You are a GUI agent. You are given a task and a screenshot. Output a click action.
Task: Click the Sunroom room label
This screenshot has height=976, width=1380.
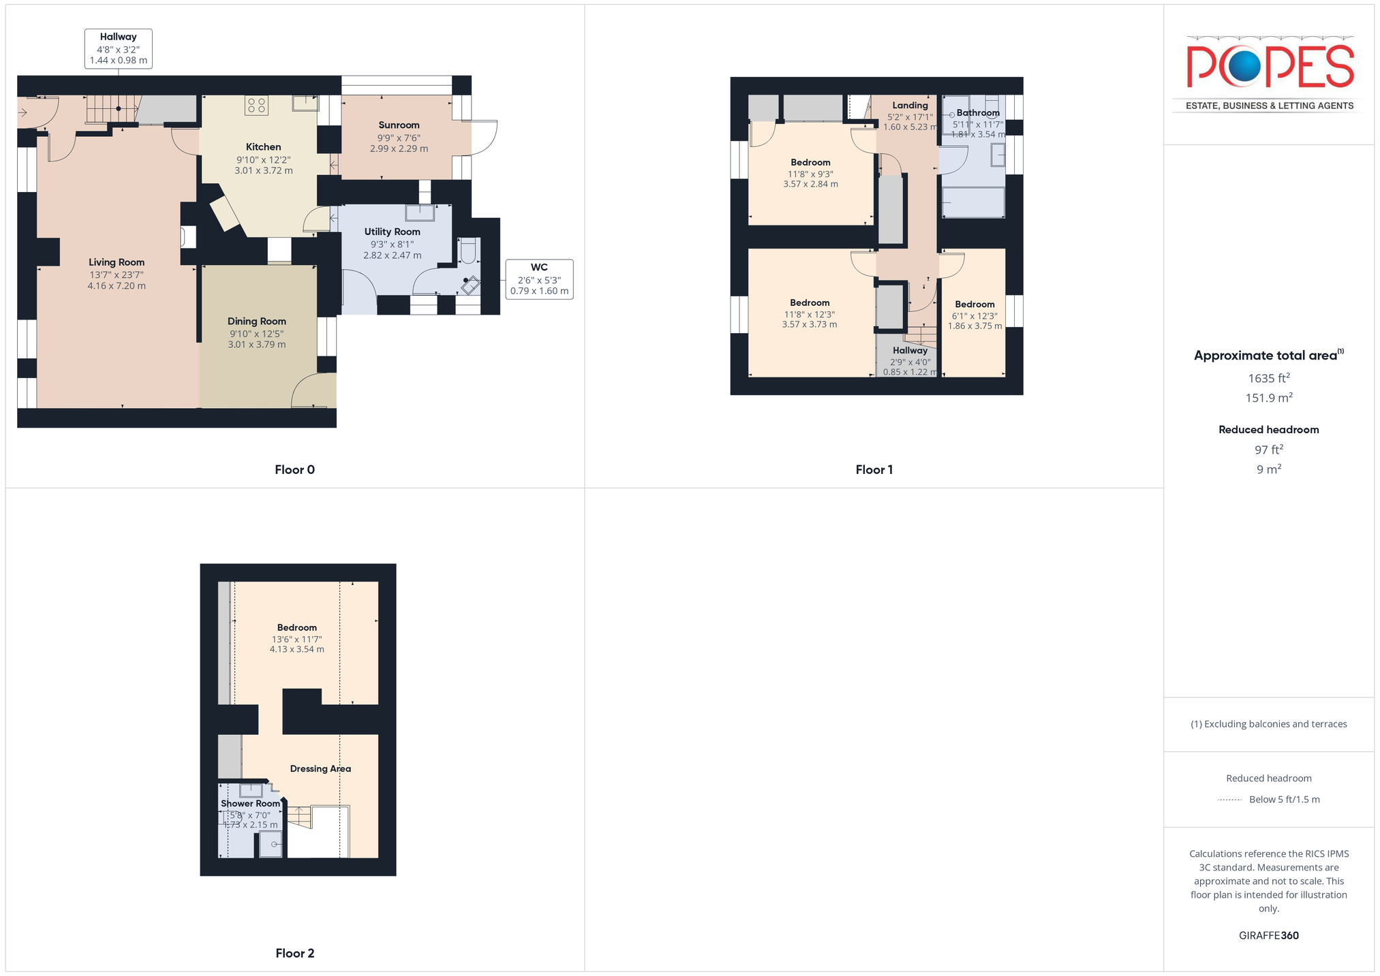(x=399, y=125)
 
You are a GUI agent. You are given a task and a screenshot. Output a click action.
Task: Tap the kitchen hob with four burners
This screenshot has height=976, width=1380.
(x=256, y=105)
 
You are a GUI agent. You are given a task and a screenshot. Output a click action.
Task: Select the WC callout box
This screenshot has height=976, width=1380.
(x=539, y=279)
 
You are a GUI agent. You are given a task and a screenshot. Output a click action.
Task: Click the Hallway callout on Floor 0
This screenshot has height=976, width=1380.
(x=119, y=48)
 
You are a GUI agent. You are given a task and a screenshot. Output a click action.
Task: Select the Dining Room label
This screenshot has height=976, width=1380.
(x=257, y=321)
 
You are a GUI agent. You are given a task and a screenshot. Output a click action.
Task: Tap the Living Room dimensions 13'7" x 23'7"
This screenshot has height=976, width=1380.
(x=117, y=275)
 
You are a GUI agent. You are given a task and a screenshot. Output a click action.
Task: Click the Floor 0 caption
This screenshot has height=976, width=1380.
(x=294, y=469)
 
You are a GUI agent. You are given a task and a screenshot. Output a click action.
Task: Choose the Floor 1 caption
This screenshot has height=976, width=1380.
(x=874, y=469)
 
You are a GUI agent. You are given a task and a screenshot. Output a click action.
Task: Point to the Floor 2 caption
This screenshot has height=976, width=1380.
(x=294, y=953)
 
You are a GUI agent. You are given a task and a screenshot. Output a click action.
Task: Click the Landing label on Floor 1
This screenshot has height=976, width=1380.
(x=910, y=106)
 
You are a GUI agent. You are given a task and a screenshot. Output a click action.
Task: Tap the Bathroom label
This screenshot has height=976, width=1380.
(x=978, y=113)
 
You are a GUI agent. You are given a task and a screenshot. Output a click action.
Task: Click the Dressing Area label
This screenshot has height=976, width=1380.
(x=320, y=769)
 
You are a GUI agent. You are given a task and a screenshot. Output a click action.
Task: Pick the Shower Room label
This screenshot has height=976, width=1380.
(x=250, y=804)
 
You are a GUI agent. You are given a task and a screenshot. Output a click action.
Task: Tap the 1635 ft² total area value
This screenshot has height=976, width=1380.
(x=1269, y=378)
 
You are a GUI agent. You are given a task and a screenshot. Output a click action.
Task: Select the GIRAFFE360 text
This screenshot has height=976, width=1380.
(x=1269, y=935)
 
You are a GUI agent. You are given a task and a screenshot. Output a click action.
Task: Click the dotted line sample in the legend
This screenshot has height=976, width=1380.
(x=1229, y=800)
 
